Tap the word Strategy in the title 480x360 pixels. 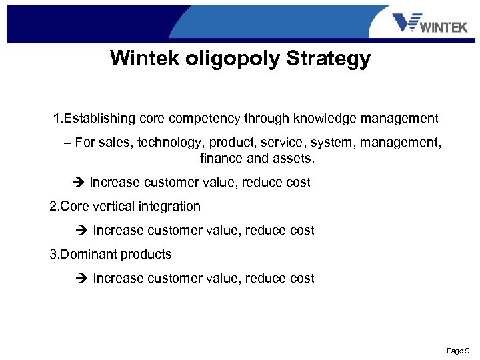[x=328, y=59]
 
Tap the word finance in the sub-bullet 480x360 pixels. [x=221, y=159]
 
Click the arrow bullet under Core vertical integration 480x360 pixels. [x=82, y=231]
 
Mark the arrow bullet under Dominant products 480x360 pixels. [x=82, y=279]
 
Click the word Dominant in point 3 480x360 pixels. [x=89, y=255]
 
